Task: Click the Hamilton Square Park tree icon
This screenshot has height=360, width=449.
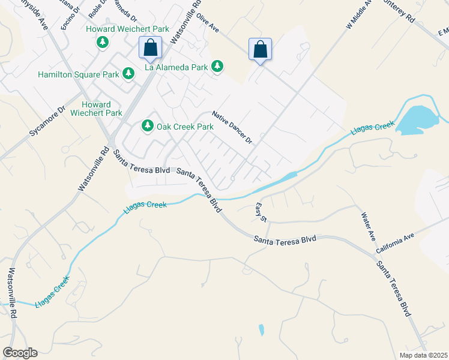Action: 128,74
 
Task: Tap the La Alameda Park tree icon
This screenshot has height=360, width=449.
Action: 217,67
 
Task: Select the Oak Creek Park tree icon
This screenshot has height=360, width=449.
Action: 147,126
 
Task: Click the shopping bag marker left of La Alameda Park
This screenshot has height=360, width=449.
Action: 149,47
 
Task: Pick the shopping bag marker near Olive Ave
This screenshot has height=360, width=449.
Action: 260,49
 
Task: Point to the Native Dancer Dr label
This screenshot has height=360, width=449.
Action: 233,127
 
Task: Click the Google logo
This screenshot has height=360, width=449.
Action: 20,353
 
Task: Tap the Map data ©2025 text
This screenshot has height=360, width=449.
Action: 424,355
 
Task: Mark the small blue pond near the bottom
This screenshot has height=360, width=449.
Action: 261,329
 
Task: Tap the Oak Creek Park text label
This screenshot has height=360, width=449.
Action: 185,127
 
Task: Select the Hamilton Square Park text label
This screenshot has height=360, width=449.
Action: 79,75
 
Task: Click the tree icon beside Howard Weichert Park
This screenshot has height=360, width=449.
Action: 103,42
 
